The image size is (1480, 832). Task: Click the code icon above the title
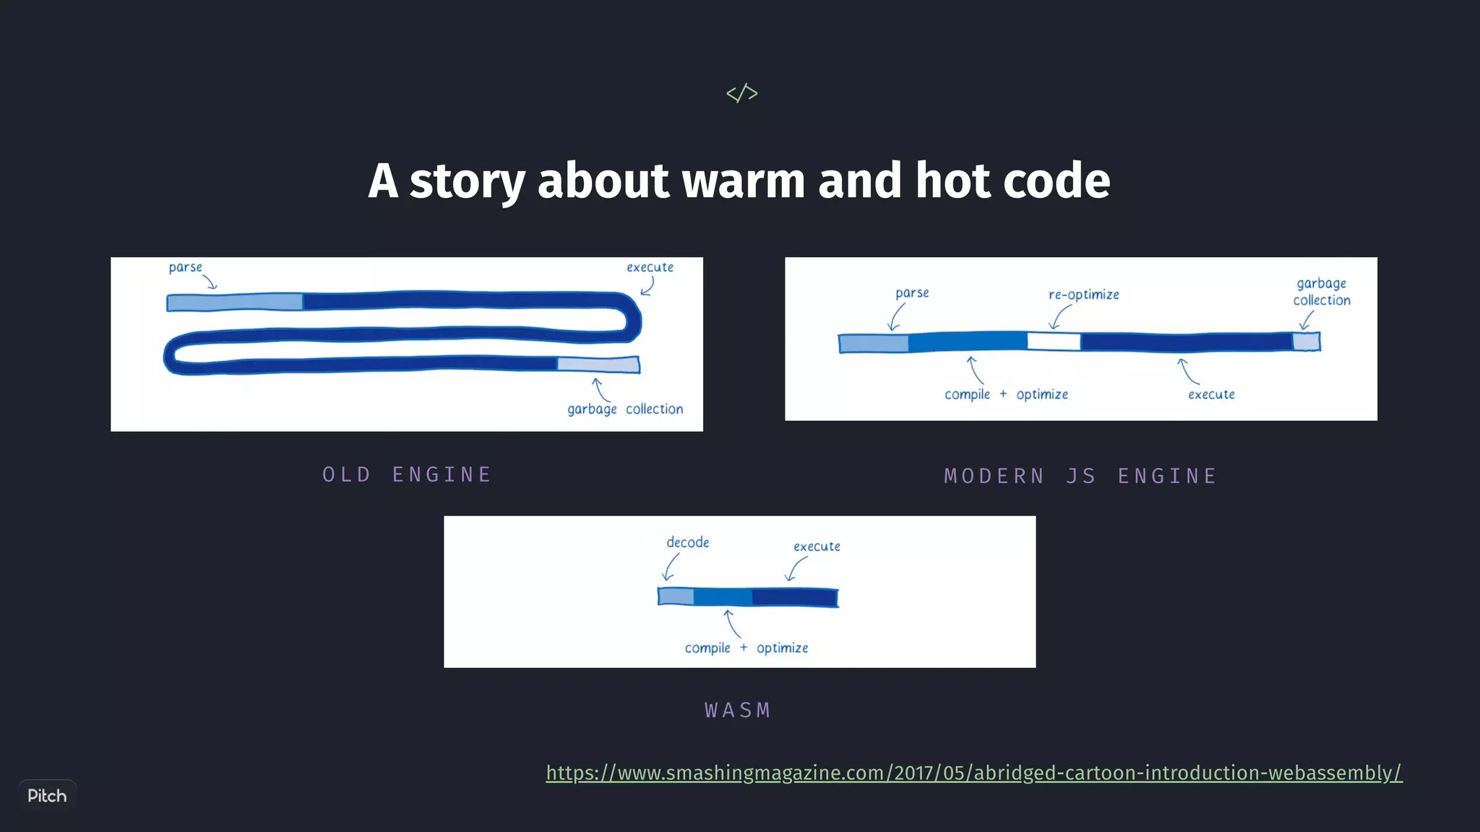[741, 93]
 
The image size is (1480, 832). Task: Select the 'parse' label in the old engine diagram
[185, 268]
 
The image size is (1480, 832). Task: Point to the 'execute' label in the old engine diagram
[650, 267]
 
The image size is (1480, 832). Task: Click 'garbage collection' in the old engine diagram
[625, 409]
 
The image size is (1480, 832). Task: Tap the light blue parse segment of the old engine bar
[235, 302]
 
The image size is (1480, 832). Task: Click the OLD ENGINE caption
[407, 474]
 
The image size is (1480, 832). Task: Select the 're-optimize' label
[1083, 295]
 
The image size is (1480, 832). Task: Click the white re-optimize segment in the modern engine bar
[1054, 342]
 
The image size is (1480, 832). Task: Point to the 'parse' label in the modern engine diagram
[912, 293]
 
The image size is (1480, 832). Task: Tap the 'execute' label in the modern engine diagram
[1211, 394]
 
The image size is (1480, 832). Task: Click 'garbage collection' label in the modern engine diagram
[1321, 292]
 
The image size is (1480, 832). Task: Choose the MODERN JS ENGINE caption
[1080, 476]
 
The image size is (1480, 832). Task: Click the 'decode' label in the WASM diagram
[687, 542]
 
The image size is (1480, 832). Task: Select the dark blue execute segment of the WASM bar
[794, 597]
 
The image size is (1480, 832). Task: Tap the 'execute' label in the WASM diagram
[817, 547]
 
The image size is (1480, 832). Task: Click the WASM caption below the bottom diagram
[738, 711]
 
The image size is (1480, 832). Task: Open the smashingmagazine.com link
[973, 773]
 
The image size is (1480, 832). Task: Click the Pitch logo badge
[47, 796]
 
